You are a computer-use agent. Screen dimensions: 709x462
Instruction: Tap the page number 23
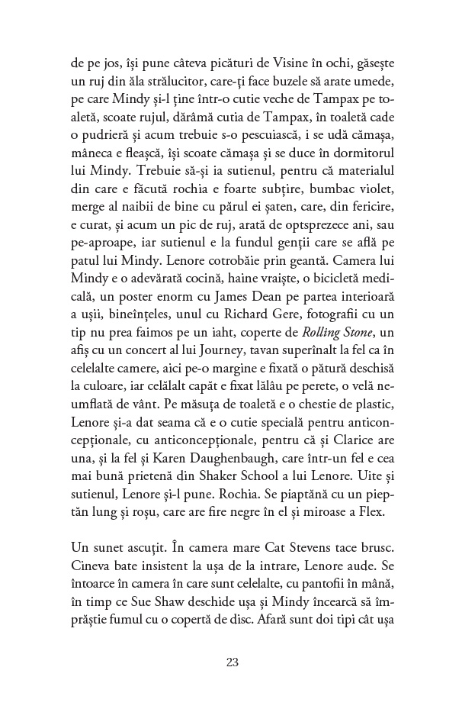coord(233,662)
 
